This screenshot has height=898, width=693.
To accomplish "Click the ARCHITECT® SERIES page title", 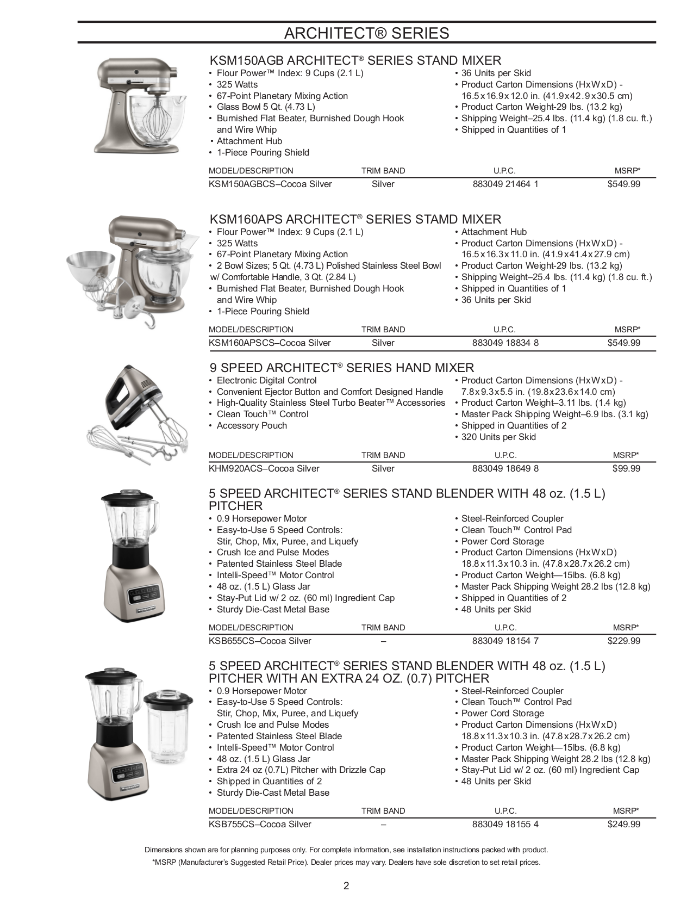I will [366, 33].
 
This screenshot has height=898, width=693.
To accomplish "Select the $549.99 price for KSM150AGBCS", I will [623, 184].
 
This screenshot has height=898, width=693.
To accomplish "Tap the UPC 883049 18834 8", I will [505, 343].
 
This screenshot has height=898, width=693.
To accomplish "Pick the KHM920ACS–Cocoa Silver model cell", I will [264, 468].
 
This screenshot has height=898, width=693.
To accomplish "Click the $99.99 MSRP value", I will [626, 468].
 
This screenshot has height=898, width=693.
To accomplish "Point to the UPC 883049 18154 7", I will [505, 641].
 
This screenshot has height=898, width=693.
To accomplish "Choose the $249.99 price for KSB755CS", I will [623, 824].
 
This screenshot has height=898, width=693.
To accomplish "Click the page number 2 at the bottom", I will [346, 885].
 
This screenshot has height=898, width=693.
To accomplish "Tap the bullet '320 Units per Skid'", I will [498, 437].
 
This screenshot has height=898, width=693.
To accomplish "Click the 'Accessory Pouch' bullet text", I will [252, 425].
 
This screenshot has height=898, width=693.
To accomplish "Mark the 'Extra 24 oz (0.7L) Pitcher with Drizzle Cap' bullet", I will [301, 770].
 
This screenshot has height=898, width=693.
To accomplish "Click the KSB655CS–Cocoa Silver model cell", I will [260, 641].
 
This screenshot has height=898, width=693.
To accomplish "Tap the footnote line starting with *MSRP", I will [346, 862].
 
